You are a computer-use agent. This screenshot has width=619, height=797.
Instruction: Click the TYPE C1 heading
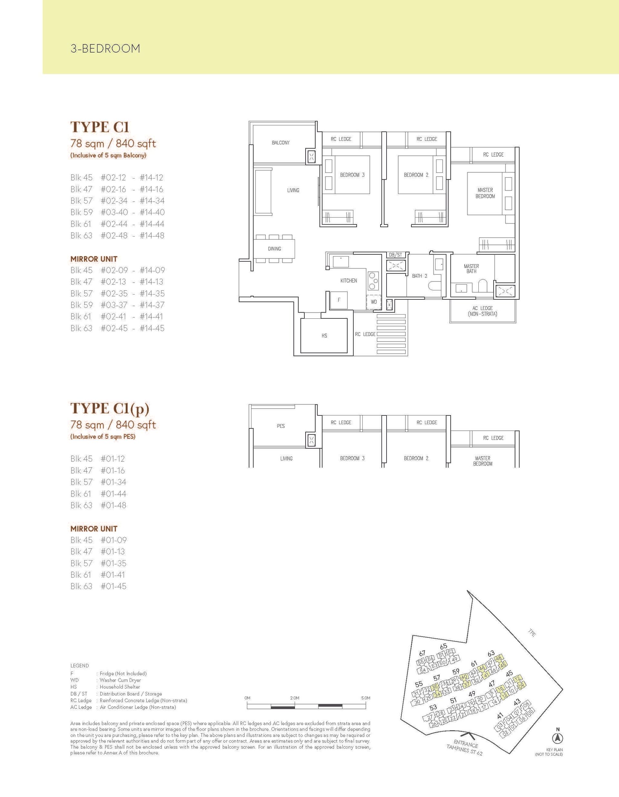coord(100,127)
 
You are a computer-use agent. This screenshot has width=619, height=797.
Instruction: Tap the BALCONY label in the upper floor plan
coord(281,143)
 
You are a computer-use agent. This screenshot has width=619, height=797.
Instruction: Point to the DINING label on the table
coord(274,248)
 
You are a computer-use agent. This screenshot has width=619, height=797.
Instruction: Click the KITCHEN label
coord(349,281)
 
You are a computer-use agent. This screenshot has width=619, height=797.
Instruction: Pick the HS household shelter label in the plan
coord(324,336)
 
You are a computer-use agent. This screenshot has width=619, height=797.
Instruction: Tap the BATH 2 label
coord(419,276)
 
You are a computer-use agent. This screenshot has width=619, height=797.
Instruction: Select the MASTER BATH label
coord(472,268)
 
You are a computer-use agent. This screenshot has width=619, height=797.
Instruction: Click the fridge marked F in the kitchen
coord(339,300)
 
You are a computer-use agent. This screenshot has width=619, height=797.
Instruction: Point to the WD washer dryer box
coord(374,302)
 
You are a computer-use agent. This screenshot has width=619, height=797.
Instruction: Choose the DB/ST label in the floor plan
coord(396,255)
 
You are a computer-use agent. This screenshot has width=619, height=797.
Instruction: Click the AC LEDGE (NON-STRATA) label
coord(483,311)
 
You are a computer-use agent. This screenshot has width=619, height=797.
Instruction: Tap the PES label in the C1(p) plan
coord(281,426)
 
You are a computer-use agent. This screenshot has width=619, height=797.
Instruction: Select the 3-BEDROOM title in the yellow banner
coord(105,49)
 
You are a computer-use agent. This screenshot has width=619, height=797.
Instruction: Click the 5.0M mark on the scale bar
coord(366,698)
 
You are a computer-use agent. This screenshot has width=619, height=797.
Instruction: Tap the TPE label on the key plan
coord(532,633)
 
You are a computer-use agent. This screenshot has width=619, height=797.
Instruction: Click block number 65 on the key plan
coord(443,646)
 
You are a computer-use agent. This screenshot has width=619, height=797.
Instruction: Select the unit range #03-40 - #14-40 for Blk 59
coord(133,212)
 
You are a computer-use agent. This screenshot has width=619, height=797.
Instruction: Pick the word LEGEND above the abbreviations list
coord(80,666)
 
